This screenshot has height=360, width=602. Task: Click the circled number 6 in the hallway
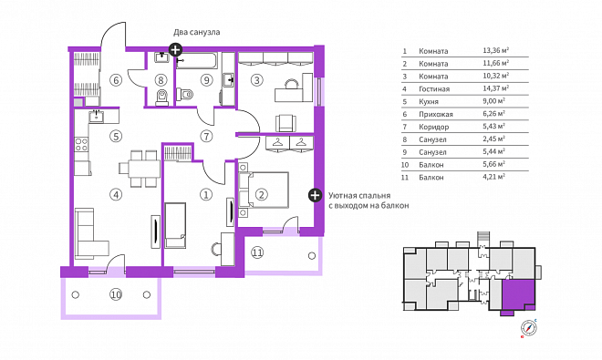point(116,80)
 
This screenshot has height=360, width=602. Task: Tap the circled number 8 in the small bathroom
point(161,80)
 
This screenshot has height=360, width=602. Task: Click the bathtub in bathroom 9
point(197,61)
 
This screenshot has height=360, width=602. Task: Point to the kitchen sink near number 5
point(97,116)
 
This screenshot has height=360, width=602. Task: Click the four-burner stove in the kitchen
point(81,144)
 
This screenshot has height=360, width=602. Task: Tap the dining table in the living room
point(140,169)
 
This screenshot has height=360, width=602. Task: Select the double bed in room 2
point(264,190)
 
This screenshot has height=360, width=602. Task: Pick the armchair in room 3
point(285,123)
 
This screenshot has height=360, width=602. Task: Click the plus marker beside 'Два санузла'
point(175,49)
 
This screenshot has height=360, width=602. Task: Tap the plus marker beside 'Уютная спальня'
point(315,195)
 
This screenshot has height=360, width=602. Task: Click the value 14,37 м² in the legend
point(495,88)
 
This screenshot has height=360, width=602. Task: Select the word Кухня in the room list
point(429,101)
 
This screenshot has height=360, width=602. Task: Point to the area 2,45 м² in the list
point(493,139)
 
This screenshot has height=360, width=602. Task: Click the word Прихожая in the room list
point(436,114)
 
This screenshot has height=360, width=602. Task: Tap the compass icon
point(529,328)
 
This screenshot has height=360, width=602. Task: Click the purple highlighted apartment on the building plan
point(518,295)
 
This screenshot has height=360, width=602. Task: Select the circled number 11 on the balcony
point(257,252)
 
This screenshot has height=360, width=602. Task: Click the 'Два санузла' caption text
point(197,32)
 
